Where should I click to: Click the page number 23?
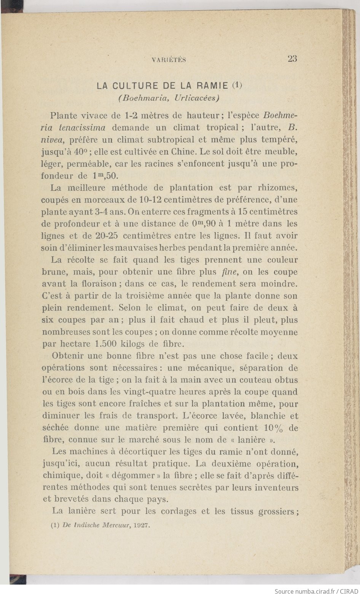(x=292, y=59)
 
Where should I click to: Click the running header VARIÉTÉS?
(x=169, y=59)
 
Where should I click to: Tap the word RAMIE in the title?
(x=212, y=86)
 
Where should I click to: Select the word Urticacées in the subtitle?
(x=197, y=97)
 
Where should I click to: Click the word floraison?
(x=98, y=284)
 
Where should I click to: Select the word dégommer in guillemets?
(x=142, y=476)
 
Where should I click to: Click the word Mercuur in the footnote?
(x=114, y=526)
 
